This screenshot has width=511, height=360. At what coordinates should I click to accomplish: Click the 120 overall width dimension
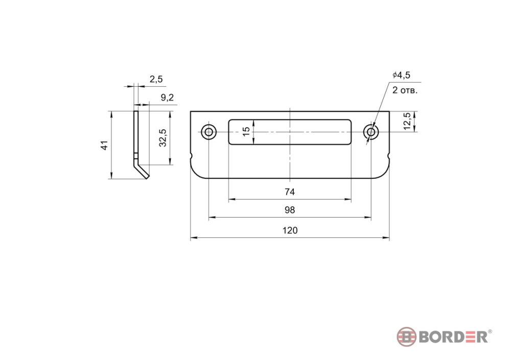(x=290, y=231)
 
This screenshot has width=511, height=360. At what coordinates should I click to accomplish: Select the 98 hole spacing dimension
(x=290, y=210)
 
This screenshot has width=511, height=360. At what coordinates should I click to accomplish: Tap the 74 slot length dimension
(x=290, y=192)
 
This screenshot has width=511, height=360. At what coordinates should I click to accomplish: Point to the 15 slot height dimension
(x=247, y=131)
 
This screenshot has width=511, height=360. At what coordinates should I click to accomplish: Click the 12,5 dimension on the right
(x=407, y=122)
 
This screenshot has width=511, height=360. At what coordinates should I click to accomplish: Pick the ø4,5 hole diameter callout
(x=401, y=75)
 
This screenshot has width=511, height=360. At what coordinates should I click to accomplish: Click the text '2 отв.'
(x=405, y=90)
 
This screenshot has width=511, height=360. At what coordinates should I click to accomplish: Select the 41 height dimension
(x=105, y=146)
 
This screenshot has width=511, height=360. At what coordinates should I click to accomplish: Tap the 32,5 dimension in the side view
(x=163, y=138)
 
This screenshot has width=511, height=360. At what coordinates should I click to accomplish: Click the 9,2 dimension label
(x=167, y=98)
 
